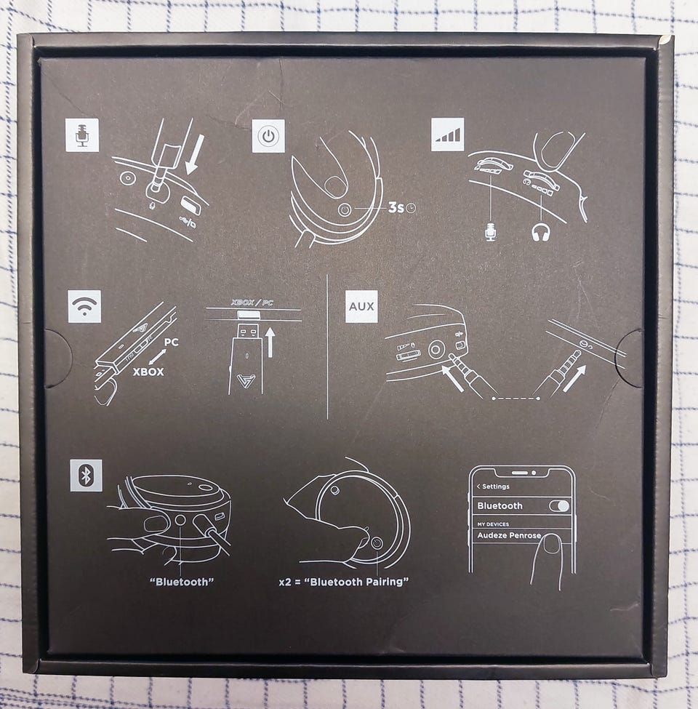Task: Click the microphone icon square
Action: coord(82,135)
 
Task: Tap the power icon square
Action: coord(268,136)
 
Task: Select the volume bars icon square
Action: coord(448,135)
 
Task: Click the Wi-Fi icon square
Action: coord(84,307)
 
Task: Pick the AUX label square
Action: coord(361,306)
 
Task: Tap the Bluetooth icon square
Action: coord(86,476)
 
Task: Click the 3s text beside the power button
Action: coord(396,207)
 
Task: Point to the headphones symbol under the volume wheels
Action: coord(541,232)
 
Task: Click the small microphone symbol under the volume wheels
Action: coord(491,231)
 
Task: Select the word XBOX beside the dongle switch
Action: coord(148,372)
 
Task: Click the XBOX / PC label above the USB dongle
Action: coord(252,303)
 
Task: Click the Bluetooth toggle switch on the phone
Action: coord(559,505)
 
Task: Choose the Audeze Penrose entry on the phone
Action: coord(509,535)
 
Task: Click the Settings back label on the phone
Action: coord(493,486)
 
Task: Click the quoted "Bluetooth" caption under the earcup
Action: coord(182,582)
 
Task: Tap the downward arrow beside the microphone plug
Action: coord(194,155)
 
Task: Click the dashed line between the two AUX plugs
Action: coord(516,398)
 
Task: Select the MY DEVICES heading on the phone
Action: coord(493,524)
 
